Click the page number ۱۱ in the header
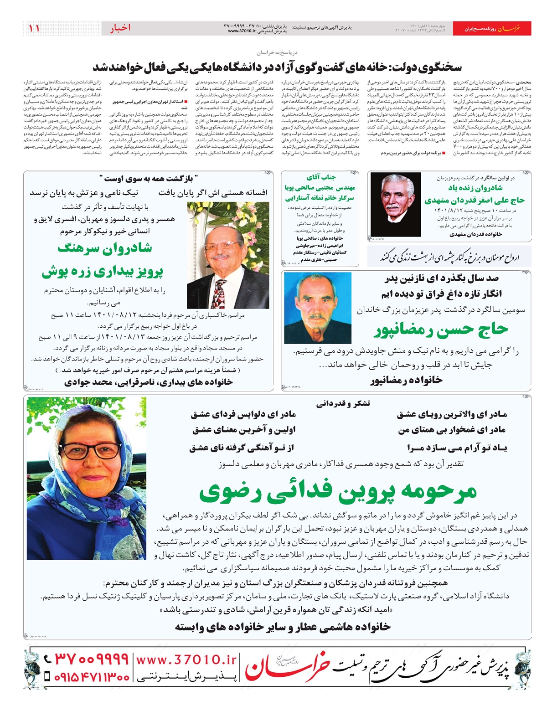coord(34,28)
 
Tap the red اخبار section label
coord(120,28)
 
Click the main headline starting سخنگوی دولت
coord(277,67)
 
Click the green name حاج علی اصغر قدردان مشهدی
coord(475,200)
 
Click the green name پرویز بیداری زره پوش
coord(103,272)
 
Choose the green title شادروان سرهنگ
coord(105,248)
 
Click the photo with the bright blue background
coord(318,308)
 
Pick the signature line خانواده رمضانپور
coord(406,380)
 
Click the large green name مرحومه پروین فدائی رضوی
coord(338,491)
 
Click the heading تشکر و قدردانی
coord(343,403)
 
